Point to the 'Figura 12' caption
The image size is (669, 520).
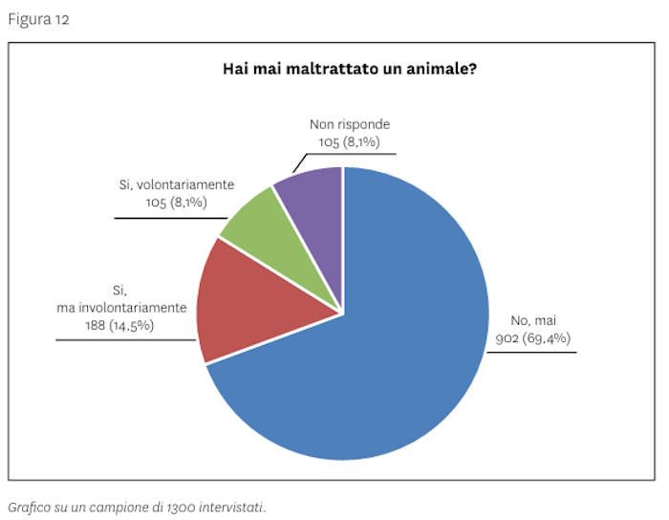38,19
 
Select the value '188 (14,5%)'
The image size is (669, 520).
119,326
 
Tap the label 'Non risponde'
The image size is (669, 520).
350,125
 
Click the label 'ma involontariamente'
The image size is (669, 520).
120,308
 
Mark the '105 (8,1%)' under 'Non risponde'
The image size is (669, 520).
350,141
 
